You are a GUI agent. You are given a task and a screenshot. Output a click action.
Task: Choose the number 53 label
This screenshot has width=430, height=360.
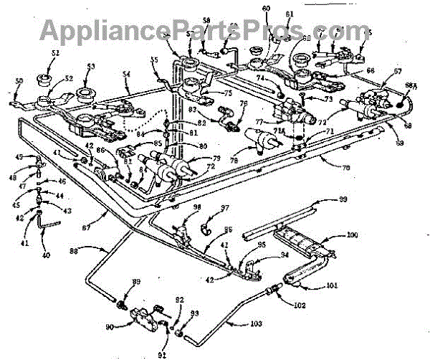90,67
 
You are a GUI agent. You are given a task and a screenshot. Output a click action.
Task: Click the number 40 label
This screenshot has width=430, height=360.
47,254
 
